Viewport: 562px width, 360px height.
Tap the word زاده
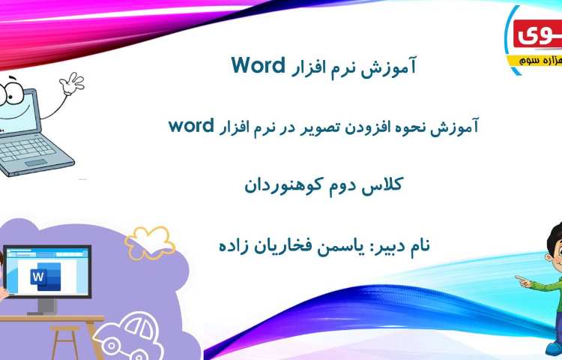click(x=232, y=244)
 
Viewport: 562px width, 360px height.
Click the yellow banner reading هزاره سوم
click(x=535, y=58)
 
